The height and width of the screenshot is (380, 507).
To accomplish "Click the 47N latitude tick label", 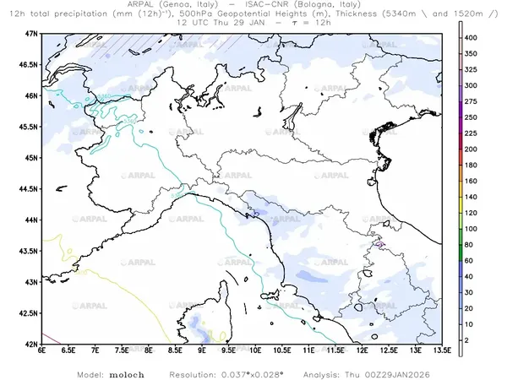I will click(30, 33).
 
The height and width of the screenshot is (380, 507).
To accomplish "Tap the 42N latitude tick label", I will click(30, 345).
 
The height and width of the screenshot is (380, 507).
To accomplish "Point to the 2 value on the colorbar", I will click(474, 339).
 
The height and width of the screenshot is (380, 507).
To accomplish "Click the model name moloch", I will click(127, 372).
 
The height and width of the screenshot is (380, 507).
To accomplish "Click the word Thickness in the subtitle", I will click(359, 14).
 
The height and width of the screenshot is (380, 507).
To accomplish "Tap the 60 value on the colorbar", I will click(476, 261).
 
